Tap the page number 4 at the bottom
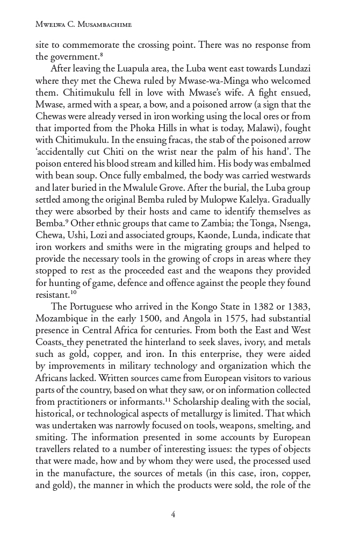(173, 514)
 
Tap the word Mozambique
(66, 318)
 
